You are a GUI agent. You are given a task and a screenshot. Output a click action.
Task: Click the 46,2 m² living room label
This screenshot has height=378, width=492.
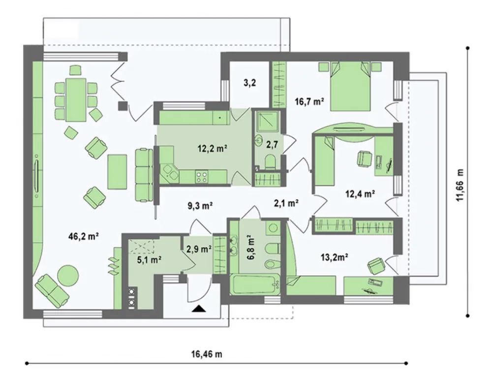[x=84, y=236]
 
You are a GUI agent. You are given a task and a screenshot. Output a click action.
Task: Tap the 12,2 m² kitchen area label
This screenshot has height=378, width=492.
[x=213, y=148]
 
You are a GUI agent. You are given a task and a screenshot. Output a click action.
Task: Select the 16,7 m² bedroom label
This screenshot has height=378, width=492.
[x=309, y=101]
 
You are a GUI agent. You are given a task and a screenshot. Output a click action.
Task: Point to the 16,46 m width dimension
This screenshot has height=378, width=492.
[x=207, y=354]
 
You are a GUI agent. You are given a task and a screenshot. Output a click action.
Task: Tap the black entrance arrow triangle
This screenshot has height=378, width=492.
[x=199, y=309]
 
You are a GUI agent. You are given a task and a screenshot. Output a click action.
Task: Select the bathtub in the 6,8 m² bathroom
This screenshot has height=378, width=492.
[x=255, y=285]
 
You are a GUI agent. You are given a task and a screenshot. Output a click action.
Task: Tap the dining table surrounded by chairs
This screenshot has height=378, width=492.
[x=76, y=100]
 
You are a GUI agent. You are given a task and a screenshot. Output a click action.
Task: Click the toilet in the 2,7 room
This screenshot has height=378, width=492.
[x=270, y=162]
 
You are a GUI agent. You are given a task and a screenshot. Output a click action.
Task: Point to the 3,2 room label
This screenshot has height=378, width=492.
[x=249, y=83]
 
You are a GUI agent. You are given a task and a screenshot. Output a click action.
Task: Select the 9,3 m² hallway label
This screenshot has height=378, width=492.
[x=201, y=206]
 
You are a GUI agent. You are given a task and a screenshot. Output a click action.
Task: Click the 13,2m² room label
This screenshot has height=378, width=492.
[x=335, y=257]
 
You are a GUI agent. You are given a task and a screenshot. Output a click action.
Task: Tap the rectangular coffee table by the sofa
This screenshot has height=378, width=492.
[x=117, y=172]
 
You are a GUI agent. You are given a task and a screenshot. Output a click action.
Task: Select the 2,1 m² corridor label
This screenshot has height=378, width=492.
[x=286, y=203]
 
